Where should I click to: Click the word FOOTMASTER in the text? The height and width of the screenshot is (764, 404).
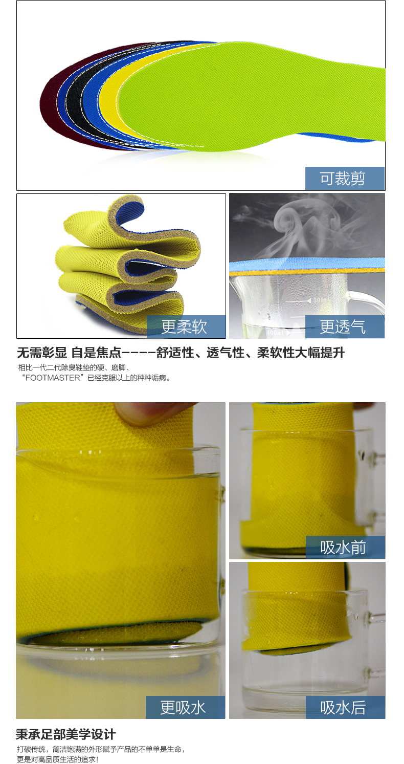tap(53, 378)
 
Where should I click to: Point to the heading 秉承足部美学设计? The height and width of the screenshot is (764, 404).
tap(66, 734)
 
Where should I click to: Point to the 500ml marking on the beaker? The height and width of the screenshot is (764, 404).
tap(319, 300)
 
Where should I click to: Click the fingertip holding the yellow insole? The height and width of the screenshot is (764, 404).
tap(150, 412)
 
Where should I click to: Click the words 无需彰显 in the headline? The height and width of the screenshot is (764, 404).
tap(41, 353)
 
